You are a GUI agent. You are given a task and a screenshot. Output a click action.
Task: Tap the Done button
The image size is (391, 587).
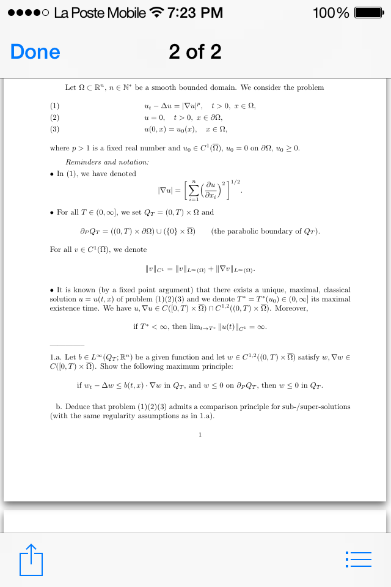point(35,52)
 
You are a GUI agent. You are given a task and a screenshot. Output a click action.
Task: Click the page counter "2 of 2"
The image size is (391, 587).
point(195,52)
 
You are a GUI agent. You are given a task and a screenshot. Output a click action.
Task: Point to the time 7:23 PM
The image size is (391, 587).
point(195,13)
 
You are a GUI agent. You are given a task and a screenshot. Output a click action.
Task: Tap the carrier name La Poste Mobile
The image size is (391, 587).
point(100,13)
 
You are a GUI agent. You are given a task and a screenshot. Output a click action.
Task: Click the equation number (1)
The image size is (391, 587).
point(54,106)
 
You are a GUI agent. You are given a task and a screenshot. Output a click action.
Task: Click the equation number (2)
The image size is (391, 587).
point(54,117)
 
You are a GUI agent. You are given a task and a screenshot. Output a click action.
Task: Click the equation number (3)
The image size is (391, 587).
point(54,129)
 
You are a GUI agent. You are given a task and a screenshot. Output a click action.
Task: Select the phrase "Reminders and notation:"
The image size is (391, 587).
point(107,162)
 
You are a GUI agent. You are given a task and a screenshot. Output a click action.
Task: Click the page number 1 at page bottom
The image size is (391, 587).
point(200,435)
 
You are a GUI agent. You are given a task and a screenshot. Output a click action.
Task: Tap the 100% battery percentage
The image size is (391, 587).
point(331,13)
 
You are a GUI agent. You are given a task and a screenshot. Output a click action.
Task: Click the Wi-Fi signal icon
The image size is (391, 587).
point(157,13)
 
